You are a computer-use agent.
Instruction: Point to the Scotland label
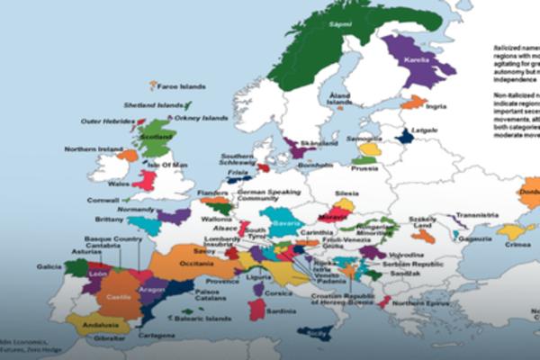[156, 137]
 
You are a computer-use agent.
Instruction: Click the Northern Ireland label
[92, 149]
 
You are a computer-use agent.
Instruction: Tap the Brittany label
[110, 220]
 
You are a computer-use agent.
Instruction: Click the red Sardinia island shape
[257, 308]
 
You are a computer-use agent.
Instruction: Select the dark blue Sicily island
[316, 334]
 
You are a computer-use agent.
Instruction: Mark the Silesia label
[346, 193]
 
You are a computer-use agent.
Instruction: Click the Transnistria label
[476, 215]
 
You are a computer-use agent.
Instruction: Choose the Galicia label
[49, 266]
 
